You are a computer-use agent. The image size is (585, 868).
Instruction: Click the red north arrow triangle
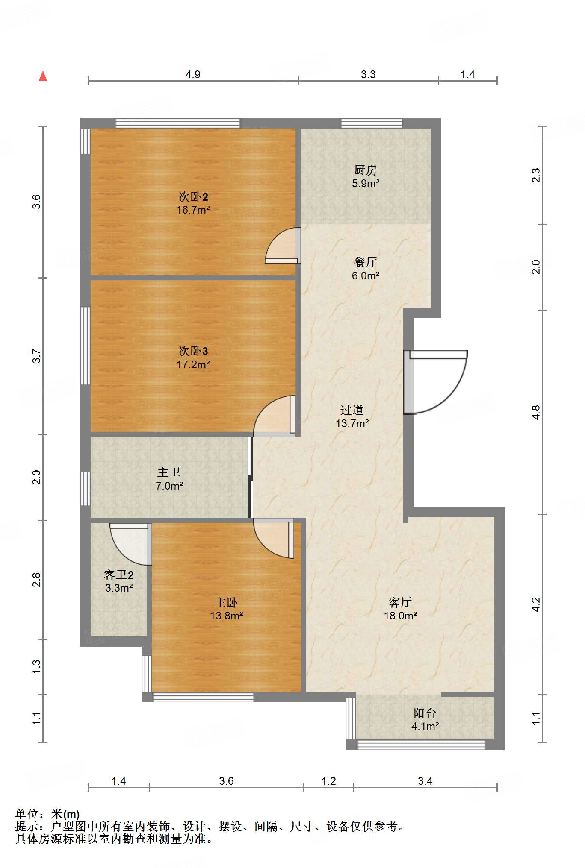43,76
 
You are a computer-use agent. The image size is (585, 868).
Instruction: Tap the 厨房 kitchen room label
366,170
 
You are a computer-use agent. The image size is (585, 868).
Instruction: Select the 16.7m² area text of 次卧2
193,210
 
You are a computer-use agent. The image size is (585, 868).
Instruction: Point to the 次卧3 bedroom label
193,351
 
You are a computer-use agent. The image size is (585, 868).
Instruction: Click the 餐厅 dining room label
366,262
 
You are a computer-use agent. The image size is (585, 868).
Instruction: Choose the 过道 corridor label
352,410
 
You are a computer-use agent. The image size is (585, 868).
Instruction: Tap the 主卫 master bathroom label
169,472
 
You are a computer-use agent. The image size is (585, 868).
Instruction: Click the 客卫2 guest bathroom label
119,575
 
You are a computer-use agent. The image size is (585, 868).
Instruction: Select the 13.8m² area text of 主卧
227,616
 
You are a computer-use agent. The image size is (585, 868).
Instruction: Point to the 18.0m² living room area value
401,616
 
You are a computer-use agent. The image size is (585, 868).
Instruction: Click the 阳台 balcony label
425,713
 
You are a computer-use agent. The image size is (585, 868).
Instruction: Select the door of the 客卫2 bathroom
130,544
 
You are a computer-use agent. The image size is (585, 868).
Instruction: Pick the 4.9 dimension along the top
193,74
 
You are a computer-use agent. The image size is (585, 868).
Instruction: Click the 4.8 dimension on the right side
536,412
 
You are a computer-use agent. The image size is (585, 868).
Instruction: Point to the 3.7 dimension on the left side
37,356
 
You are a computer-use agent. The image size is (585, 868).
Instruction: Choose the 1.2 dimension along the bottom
328,781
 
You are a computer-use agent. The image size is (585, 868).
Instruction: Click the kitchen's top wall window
372,123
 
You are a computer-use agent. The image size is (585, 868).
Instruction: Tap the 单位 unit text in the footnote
27,814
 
